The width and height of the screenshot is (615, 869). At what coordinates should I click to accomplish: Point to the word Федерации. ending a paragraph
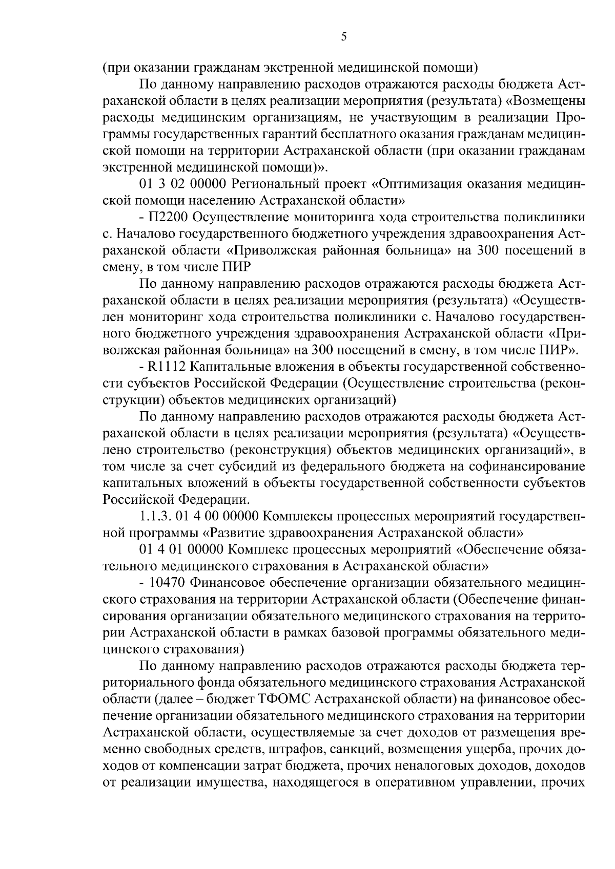tap(214, 500)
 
